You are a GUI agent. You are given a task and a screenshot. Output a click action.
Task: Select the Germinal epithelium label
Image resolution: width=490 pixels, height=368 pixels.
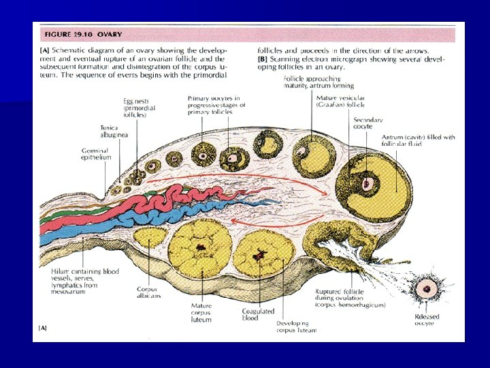pyautogui.click(x=95, y=153)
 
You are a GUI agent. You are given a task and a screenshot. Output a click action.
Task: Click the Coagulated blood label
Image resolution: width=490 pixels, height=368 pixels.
pyautogui.click(x=257, y=314)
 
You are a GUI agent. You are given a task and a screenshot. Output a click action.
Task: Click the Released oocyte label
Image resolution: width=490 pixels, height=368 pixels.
pyautogui.click(x=428, y=319)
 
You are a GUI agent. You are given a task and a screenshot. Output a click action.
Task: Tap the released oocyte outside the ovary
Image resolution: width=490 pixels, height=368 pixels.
pyautogui.click(x=427, y=288)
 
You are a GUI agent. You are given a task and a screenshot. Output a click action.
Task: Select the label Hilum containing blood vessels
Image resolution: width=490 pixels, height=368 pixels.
pyautogui.click(x=85, y=278)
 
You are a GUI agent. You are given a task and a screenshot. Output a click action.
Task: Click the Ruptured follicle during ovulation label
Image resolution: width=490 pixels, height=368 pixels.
pyautogui.click(x=350, y=298)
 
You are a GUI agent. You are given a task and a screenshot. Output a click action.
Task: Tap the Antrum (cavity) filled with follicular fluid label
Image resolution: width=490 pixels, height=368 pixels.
pyautogui.click(x=417, y=141)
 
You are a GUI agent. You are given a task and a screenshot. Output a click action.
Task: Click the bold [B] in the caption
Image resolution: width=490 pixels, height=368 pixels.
pyautogui.click(x=262, y=59)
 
